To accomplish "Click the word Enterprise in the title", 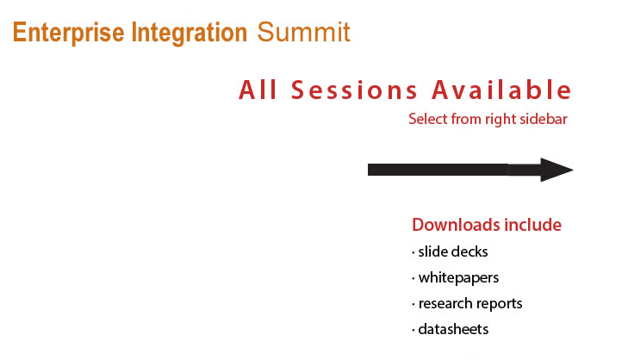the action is pyautogui.click(x=68, y=33).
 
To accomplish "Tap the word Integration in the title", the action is pyautogui.click(x=190, y=34).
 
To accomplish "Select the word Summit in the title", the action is pyautogui.click(x=303, y=32).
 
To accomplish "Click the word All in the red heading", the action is pyautogui.click(x=258, y=90).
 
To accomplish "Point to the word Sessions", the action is pyautogui.click(x=354, y=90).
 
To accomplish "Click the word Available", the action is pyautogui.click(x=501, y=90).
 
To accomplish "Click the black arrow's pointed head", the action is pyautogui.click(x=573, y=170).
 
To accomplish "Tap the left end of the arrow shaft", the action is pyautogui.click(x=369, y=170).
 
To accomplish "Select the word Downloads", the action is pyautogui.click(x=451, y=225).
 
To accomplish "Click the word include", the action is pyautogui.click(x=527, y=225).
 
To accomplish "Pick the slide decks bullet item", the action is pyautogui.click(x=450, y=251).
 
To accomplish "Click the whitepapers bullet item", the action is pyautogui.click(x=456, y=278).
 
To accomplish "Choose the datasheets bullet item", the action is pyautogui.click(x=451, y=329).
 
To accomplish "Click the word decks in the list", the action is pyautogui.click(x=470, y=251).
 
